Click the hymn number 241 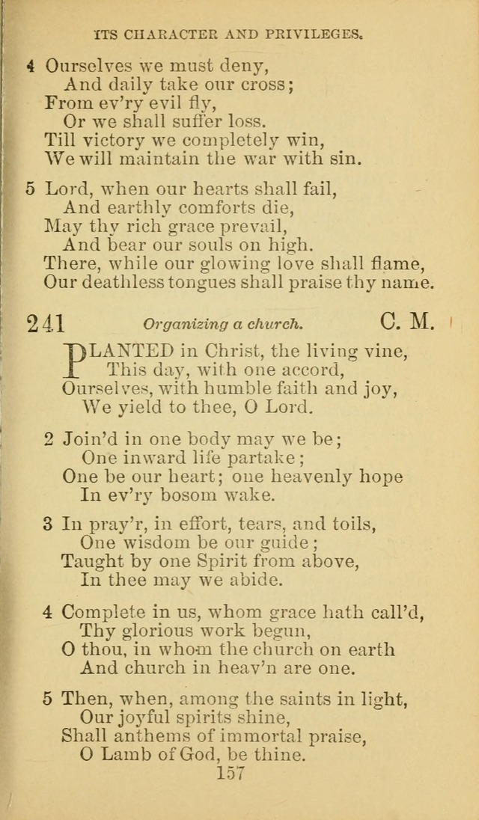coord(46,322)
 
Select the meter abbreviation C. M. coord(406,322)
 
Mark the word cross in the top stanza coord(257,84)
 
